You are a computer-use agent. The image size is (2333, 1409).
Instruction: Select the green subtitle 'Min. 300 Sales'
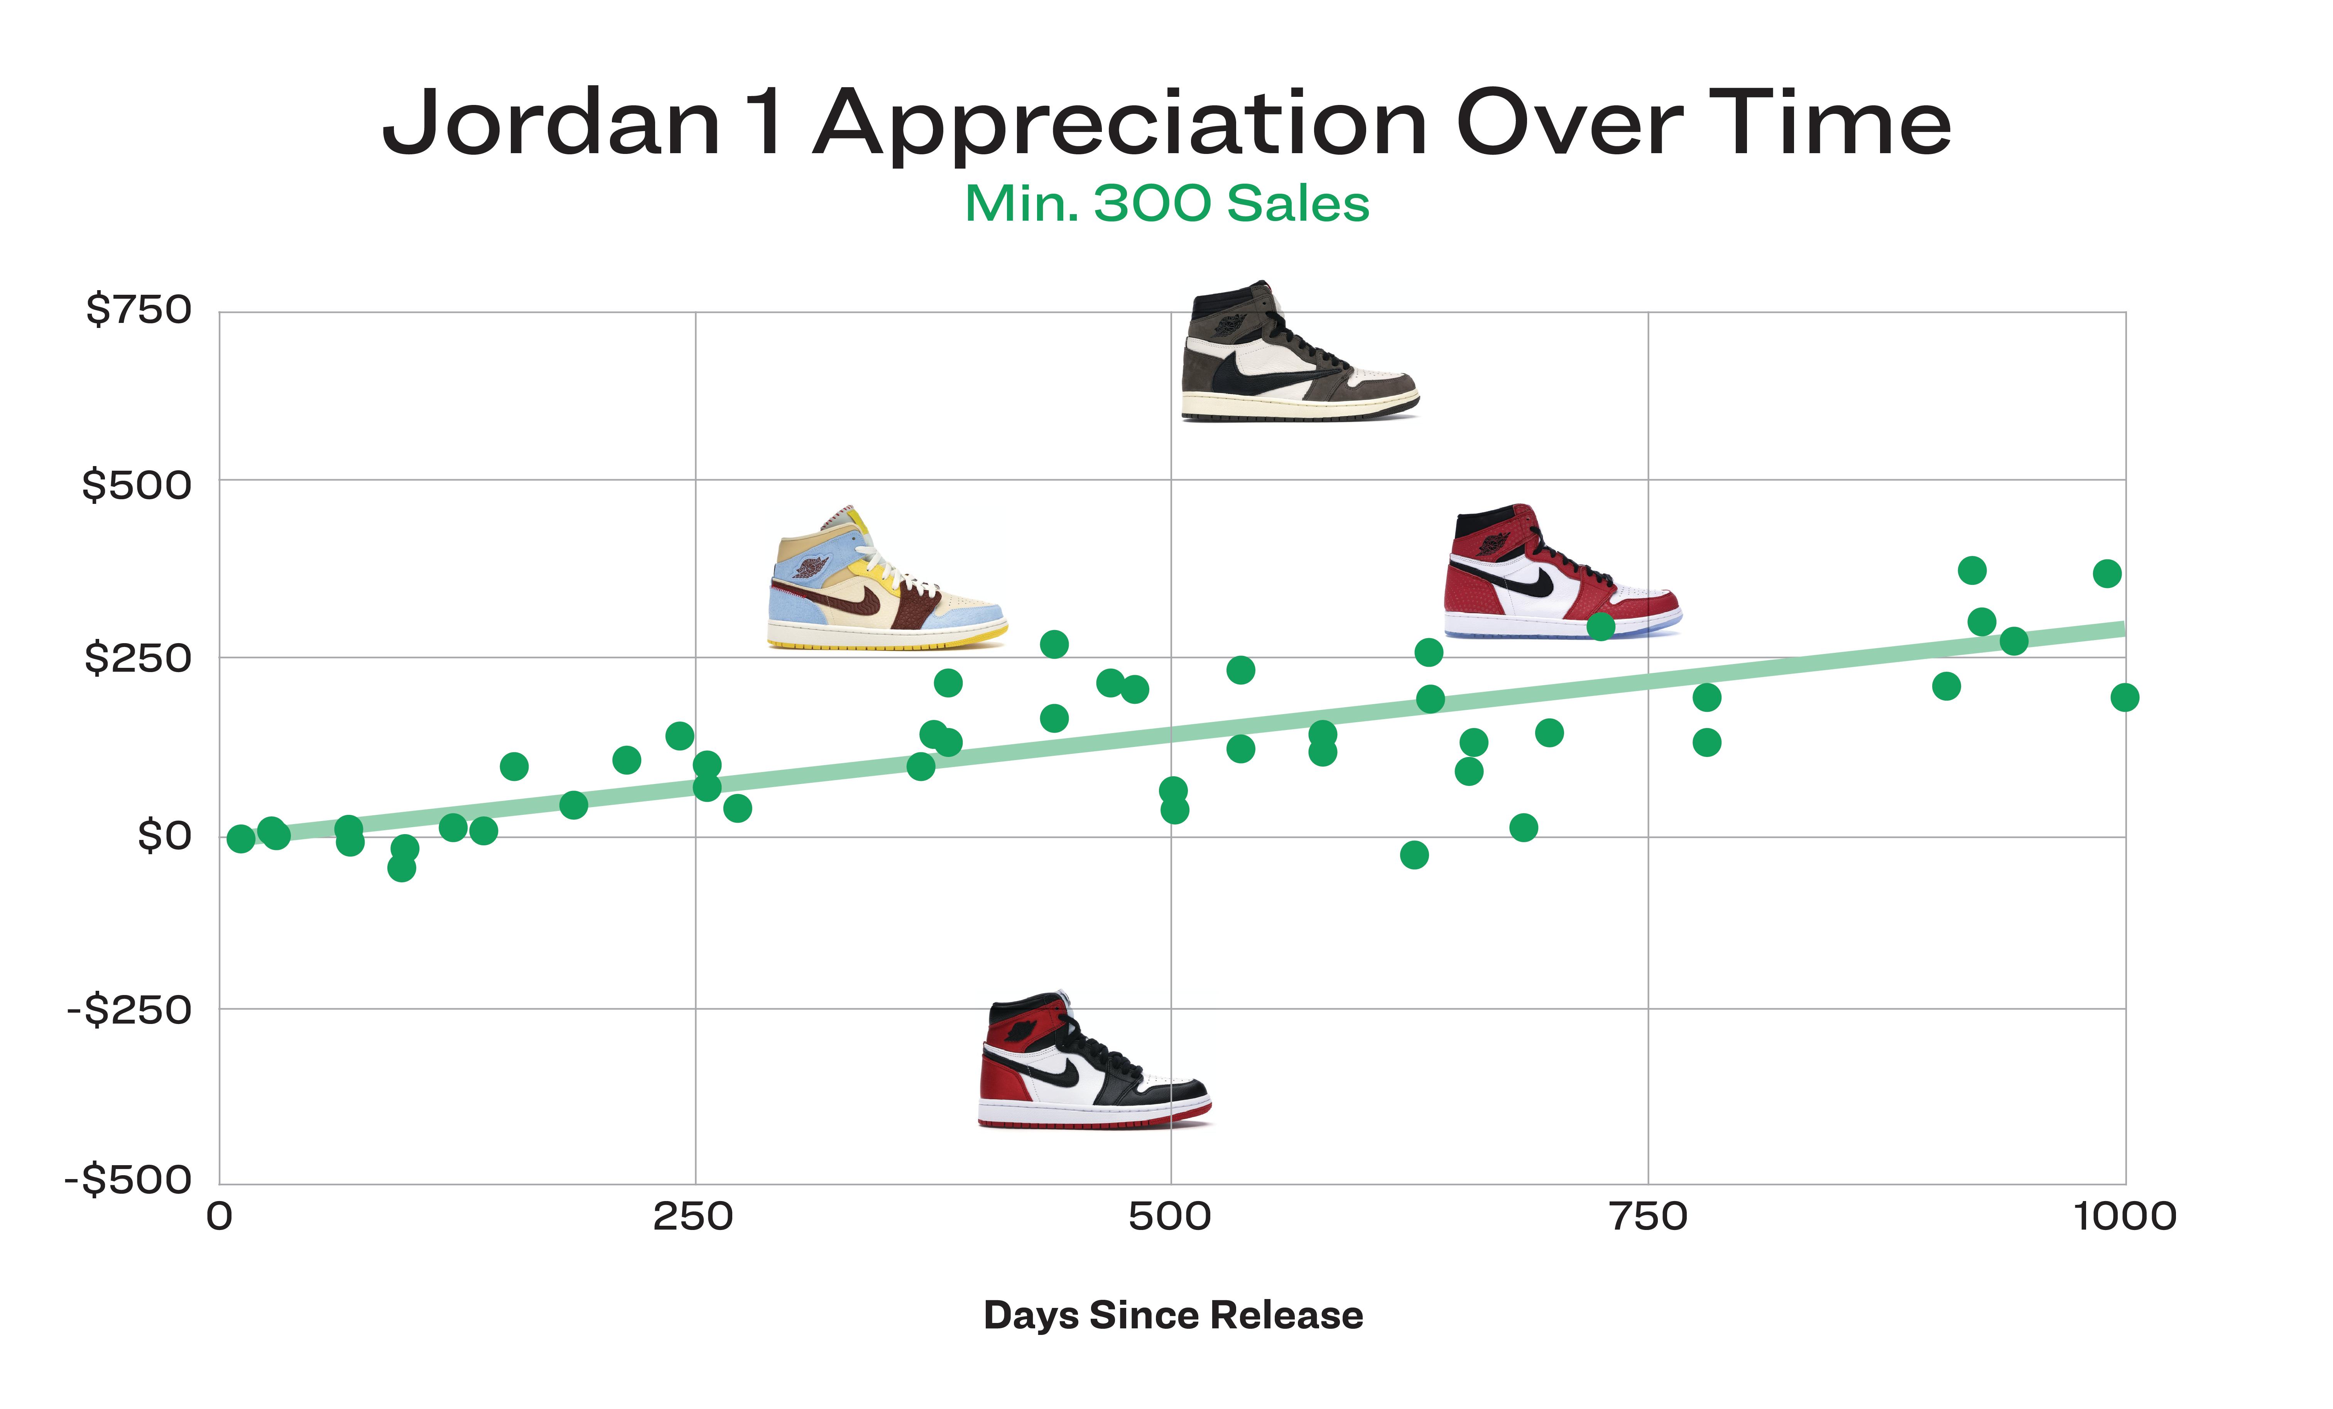tap(1167, 204)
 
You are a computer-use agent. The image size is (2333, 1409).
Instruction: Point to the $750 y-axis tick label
tap(138, 310)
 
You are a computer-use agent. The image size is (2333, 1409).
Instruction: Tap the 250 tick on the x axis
tap(693, 1217)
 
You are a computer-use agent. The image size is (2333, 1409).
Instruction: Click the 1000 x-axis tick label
tap(2125, 1217)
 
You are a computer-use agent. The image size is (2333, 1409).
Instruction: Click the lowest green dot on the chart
tap(402, 867)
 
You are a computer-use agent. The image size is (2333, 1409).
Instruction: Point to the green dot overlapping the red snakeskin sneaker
tap(1600, 626)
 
